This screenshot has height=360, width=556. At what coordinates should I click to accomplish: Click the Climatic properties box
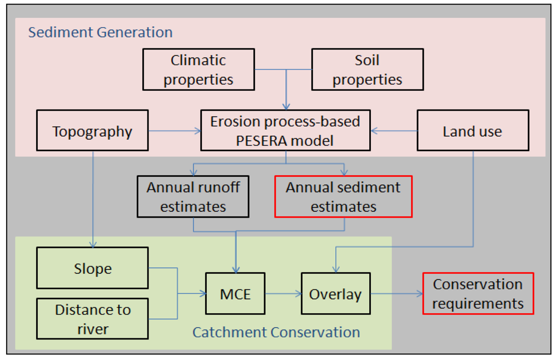[198, 70]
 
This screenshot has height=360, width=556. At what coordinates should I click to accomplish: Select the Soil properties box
[366, 70]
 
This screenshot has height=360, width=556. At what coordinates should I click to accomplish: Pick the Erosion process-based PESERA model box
[285, 130]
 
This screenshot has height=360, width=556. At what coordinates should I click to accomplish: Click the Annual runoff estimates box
[193, 197]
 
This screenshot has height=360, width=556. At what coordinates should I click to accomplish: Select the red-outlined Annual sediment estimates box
[343, 197]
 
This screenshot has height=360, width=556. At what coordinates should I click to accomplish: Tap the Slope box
[92, 268]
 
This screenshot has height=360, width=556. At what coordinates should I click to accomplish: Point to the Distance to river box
[92, 319]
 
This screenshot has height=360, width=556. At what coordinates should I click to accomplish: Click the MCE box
[236, 294]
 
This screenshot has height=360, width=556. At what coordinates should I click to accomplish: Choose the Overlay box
[335, 294]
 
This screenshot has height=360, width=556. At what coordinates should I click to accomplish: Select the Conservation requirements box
[478, 294]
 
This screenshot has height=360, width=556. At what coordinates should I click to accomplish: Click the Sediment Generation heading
[101, 32]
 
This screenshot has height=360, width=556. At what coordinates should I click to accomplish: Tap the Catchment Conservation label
[276, 333]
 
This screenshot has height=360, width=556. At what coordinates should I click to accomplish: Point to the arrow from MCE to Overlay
[283, 294]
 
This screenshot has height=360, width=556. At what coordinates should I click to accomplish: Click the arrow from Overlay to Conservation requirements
[396, 294]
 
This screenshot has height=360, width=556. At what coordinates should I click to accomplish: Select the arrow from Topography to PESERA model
[174, 131]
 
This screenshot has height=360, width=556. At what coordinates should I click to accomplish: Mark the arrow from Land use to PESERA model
[394, 131]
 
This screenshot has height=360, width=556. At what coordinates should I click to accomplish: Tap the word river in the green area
[93, 329]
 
